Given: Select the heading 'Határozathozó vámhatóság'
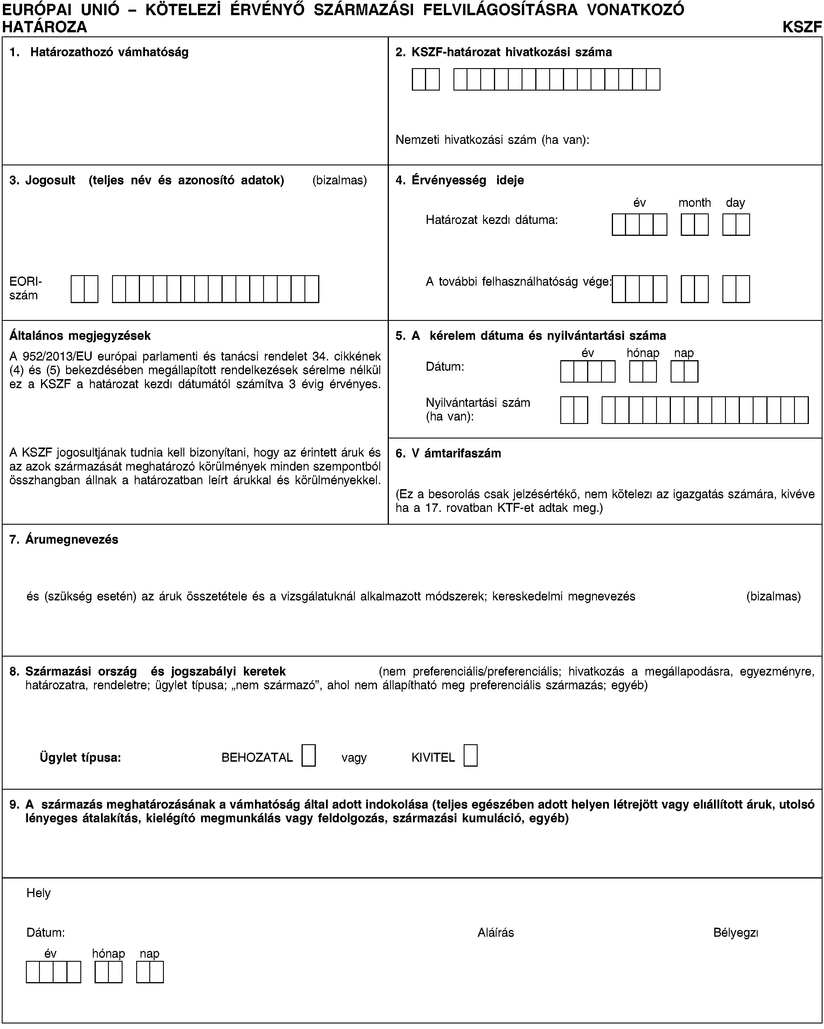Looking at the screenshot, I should (109, 52).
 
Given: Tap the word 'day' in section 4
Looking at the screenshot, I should (735, 203).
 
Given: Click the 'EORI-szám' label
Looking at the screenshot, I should (25, 288).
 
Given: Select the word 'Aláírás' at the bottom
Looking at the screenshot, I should (496, 933).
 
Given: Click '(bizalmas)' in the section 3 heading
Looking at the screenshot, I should (339, 181).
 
